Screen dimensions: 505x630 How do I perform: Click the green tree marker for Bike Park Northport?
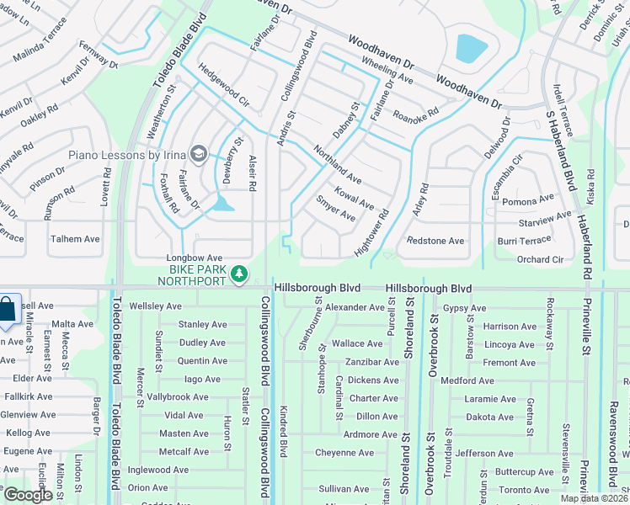pos(240,273)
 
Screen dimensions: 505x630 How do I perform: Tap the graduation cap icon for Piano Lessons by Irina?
pos(199,153)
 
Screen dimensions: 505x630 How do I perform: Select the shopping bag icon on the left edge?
pos(7,310)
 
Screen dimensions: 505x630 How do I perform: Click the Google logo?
pos(28,495)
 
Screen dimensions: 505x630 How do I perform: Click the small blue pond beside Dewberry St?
pos(222,203)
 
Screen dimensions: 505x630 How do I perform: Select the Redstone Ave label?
pos(435,241)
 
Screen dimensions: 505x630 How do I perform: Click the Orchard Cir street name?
pos(540,259)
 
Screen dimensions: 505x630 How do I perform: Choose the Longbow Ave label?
pos(193,258)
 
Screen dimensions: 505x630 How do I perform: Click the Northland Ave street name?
pos(337,165)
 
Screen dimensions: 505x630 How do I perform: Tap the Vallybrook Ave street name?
pos(178,397)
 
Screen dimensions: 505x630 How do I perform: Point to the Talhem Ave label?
pos(75,239)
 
